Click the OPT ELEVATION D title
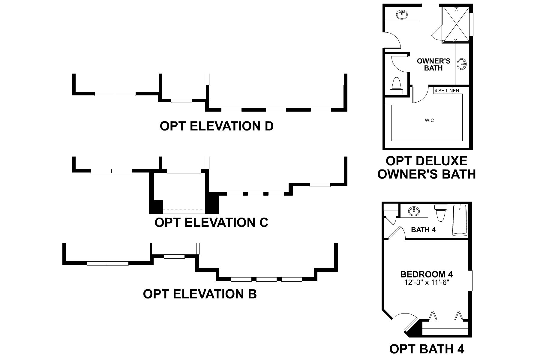point(217,126)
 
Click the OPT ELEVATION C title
point(211,223)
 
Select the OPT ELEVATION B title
point(200,294)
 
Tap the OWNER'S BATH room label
point(433,64)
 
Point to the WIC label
point(429,121)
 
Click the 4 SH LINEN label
point(446,91)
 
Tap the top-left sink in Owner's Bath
point(401,14)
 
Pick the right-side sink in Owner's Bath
point(462,64)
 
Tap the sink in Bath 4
point(414,211)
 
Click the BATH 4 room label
point(423,230)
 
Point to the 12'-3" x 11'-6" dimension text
point(426,282)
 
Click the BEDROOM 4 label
point(426,274)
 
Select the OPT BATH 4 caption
point(427,349)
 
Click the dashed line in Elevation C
point(184,209)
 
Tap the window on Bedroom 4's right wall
point(470,280)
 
